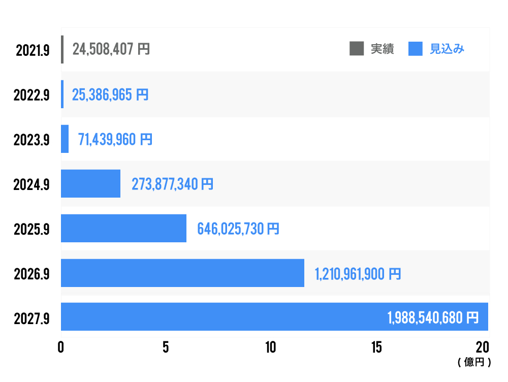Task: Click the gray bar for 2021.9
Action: click(62, 49)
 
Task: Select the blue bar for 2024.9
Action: click(90, 183)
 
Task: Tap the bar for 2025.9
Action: click(123, 228)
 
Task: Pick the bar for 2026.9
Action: click(182, 273)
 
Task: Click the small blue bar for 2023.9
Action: click(65, 139)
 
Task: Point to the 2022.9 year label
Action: click(31, 95)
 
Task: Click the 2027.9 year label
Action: click(31, 319)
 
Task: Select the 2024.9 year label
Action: click(31, 184)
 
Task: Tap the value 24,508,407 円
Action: click(111, 49)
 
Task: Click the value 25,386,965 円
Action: click(110, 94)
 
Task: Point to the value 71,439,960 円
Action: click(115, 139)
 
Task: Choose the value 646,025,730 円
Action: click(238, 229)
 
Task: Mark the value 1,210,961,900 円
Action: click(358, 274)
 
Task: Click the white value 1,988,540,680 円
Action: click(433, 318)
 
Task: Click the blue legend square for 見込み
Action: click(416, 49)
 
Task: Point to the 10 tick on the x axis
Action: click(271, 347)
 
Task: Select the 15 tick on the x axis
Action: click(376, 347)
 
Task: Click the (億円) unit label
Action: click(474, 362)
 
